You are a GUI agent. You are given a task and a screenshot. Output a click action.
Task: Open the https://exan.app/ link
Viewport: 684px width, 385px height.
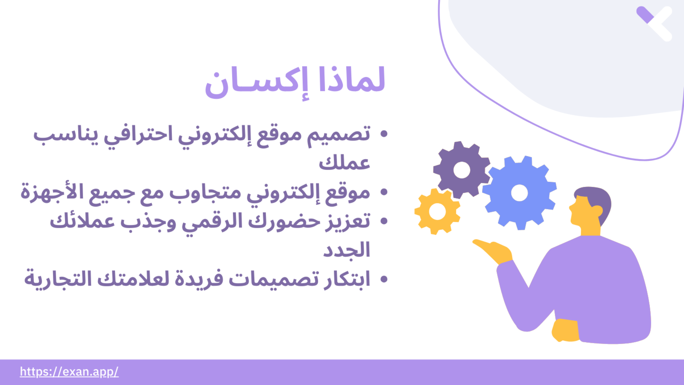[x=69, y=372]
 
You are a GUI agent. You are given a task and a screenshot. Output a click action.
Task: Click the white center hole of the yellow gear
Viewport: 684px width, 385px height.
[x=437, y=212]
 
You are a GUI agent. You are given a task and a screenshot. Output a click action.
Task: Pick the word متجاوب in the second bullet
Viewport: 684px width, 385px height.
[x=205, y=193]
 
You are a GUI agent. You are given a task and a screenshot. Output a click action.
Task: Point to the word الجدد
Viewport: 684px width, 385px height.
[x=346, y=250]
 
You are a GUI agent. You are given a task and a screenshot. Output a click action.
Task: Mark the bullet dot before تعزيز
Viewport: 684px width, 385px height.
[x=384, y=221]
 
